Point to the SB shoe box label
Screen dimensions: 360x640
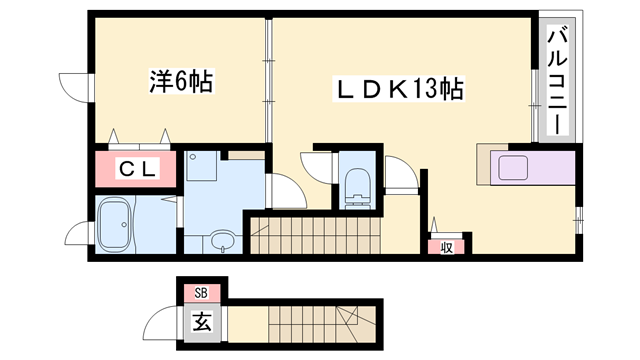point(201,292)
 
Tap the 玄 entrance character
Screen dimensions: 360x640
point(202,323)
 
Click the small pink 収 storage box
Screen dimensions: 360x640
point(445,246)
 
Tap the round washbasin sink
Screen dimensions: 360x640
point(222,240)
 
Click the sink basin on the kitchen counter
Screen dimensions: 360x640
point(518,165)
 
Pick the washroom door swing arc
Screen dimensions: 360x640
point(284,190)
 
